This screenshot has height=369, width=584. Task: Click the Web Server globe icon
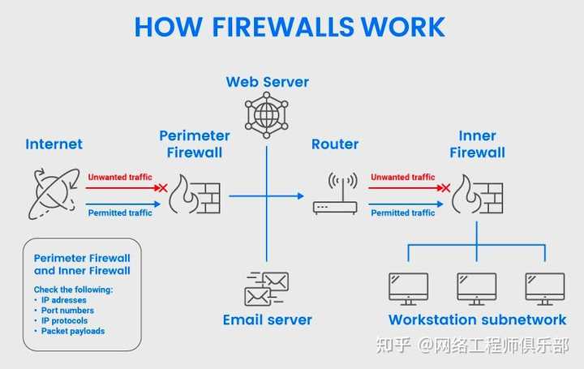click(x=266, y=113)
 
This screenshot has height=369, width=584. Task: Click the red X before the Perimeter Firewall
click(x=162, y=187)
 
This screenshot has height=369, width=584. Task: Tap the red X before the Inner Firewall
click(x=444, y=187)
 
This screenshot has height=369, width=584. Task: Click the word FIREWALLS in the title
click(x=269, y=26)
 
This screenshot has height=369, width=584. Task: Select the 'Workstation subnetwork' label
click(x=477, y=320)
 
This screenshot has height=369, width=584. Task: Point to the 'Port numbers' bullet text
click(x=67, y=311)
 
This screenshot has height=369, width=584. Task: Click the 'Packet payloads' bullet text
click(x=73, y=331)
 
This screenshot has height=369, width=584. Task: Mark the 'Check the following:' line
click(x=73, y=290)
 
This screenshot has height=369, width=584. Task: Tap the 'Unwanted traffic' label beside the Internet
click(x=119, y=177)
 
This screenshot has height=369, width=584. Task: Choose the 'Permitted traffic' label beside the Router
click(x=402, y=212)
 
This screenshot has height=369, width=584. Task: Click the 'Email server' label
click(x=267, y=320)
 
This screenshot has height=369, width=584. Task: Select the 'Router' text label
click(x=335, y=144)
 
